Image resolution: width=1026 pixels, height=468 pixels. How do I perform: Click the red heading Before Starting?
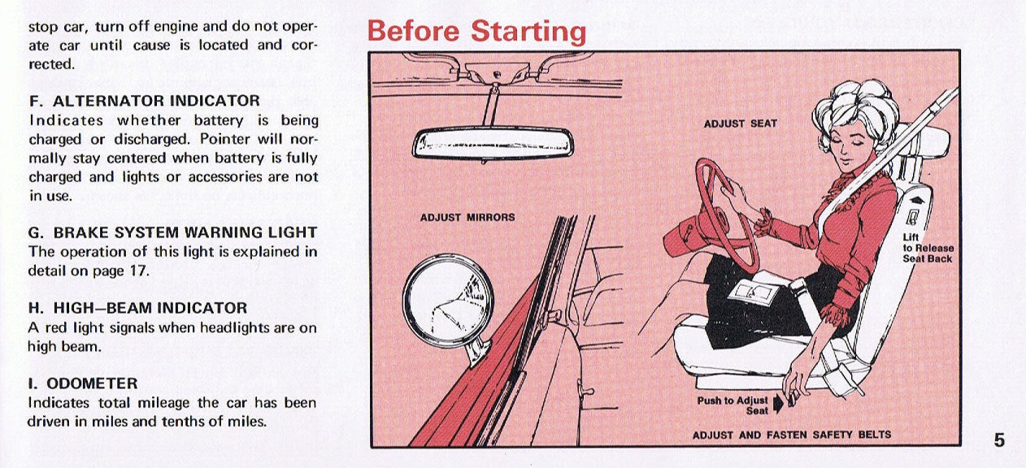pyautogui.click(x=476, y=31)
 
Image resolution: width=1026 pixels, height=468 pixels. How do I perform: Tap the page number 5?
pyautogui.click(x=999, y=440)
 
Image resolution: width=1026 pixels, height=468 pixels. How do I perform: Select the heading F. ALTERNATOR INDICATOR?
pyautogui.click(x=144, y=101)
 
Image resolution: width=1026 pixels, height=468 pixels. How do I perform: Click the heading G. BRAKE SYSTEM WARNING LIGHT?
pyautogui.click(x=172, y=232)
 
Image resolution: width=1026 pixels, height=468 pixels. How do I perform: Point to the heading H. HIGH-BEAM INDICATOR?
pyautogui.click(x=137, y=308)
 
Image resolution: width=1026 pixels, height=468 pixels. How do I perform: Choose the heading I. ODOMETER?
pyautogui.click(x=83, y=383)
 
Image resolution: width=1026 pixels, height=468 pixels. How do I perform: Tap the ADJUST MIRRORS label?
pyautogui.click(x=467, y=217)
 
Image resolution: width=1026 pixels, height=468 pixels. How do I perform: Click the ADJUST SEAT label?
pyautogui.click(x=740, y=123)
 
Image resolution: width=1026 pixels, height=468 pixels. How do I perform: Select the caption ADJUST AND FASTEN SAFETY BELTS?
pyautogui.click(x=792, y=435)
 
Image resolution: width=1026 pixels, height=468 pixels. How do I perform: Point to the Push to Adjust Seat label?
pyautogui.click(x=733, y=405)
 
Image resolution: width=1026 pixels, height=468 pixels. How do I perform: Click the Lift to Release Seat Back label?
pyautogui.click(x=928, y=248)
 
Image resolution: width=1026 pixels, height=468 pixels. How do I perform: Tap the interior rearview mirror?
pyautogui.click(x=493, y=143)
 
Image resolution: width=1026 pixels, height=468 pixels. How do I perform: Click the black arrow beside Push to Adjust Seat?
pyautogui.click(x=778, y=405)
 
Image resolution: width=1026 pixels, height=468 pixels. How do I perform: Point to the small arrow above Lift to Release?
pyautogui.click(x=917, y=200)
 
